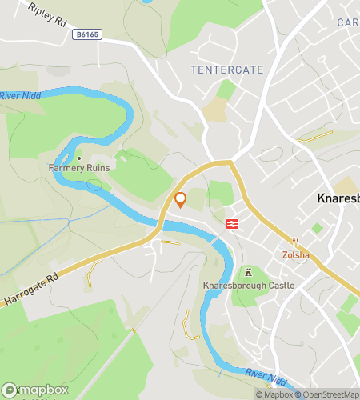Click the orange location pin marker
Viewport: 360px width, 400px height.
pos(180,199)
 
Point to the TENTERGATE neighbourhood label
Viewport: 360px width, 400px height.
pos(227,70)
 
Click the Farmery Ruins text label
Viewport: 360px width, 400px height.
pos(78,168)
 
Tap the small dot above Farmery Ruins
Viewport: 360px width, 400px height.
pos(78,158)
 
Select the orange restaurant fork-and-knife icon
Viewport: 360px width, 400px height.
pos(295,242)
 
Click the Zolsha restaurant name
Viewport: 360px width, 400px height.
pos(295,256)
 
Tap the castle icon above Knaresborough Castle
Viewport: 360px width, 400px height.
pos(248,273)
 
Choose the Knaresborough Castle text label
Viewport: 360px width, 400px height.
pos(248,286)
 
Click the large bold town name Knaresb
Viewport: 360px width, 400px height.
pos(337,199)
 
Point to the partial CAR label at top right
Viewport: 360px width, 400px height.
pos(348,22)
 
